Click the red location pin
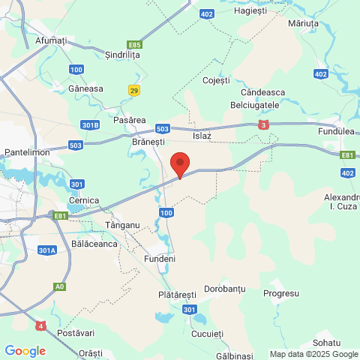click(x=179, y=164)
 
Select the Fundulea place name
click(x=334, y=131)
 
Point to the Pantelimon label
click(x=26, y=151)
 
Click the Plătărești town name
click(x=177, y=295)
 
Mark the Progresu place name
click(x=282, y=293)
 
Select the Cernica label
click(x=84, y=200)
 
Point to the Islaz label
click(x=202, y=136)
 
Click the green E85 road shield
click(x=135, y=44)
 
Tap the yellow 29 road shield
click(x=134, y=91)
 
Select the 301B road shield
click(x=90, y=124)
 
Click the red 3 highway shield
click(x=263, y=125)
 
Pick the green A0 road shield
click(x=59, y=286)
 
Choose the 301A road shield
click(x=46, y=250)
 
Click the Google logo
click(x=25, y=351)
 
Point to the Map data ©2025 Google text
click(x=313, y=354)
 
